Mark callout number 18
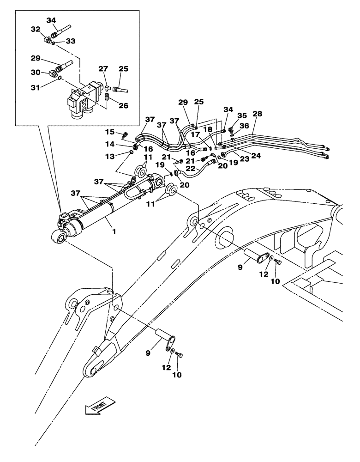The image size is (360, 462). (x=209, y=130)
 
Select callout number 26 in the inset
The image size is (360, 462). (x=123, y=105)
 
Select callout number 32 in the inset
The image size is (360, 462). (x=35, y=29)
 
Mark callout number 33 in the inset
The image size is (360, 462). (x=71, y=41)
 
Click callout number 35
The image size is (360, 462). (x=242, y=115)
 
